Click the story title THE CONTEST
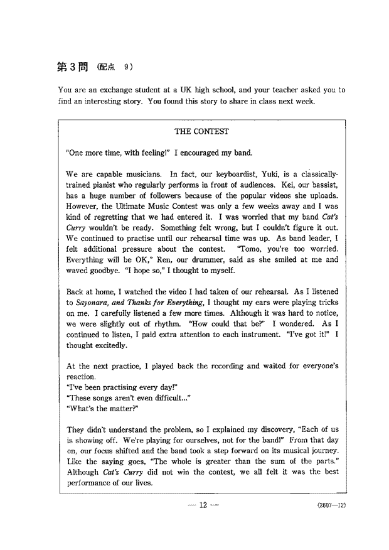(201, 132)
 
